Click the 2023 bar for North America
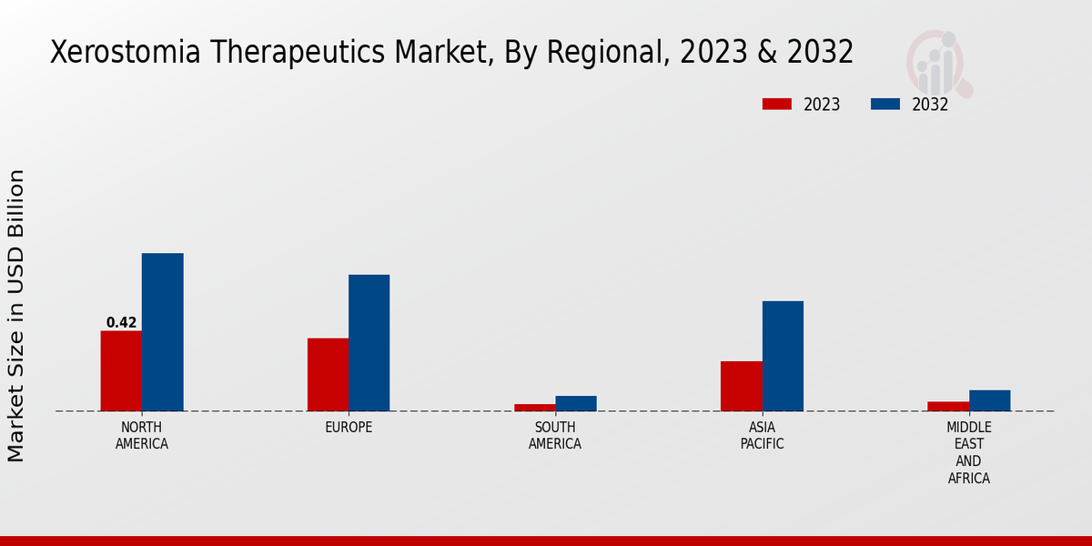point(121,370)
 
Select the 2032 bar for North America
point(162,332)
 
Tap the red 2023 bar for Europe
point(328,374)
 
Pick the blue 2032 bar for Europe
point(369,343)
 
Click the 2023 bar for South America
point(534,407)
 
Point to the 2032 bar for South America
point(576,403)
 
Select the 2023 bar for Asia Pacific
point(741,386)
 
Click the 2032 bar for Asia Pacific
point(783,356)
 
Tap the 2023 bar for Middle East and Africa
point(948,406)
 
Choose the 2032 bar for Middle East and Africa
point(989,400)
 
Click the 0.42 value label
point(121,322)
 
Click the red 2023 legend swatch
point(776,104)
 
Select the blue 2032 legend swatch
point(885,104)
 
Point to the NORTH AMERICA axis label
point(142,436)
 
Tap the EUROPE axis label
point(349,428)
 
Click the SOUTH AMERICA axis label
point(555,436)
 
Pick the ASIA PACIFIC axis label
point(762,436)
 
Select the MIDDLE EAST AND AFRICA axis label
point(968,452)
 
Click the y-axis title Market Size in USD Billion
point(16,315)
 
